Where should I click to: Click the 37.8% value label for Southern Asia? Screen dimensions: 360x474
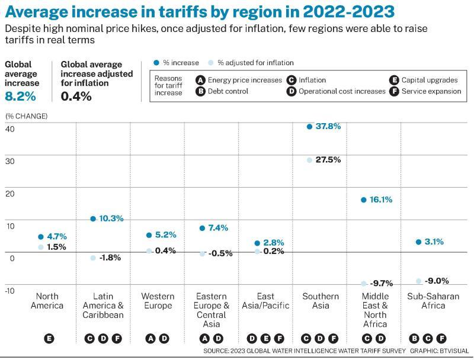[328, 126]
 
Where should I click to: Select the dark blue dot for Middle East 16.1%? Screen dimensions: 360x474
[364, 200]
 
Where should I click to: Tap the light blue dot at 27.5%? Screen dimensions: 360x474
[309, 160]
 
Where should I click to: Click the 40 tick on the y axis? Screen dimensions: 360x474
[9, 129]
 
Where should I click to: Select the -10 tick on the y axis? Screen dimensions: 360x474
[9, 290]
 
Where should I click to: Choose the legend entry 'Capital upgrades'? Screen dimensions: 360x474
[429, 80]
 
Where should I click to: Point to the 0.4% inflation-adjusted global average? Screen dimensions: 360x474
[76, 96]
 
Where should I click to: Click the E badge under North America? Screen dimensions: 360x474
[49, 339]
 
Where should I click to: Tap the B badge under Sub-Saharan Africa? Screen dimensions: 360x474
[414, 339]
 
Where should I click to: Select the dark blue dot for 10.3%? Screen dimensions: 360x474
[93, 219]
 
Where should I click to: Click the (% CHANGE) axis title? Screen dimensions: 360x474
[26, 116]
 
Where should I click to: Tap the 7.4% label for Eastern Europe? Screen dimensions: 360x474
[217, 228]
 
